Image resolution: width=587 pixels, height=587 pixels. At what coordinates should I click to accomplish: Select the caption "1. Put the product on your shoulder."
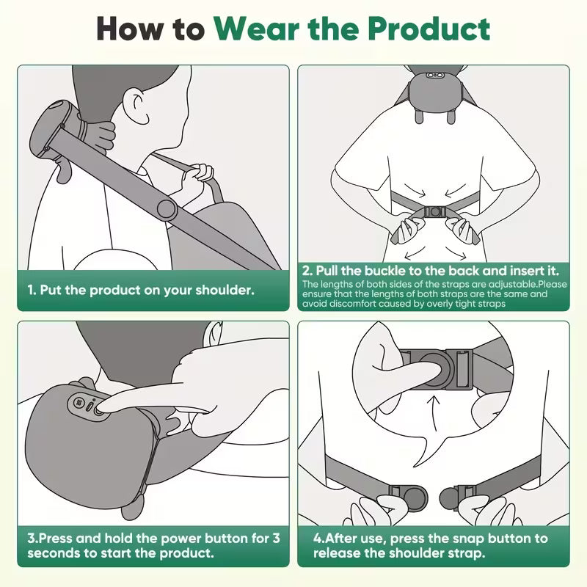[141, 290]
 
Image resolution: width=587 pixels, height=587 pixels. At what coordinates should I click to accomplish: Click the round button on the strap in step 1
[167, 210]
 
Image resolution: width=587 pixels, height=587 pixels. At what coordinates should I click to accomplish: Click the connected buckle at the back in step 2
[436, 212]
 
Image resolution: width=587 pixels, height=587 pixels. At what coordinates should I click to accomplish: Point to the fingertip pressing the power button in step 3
[103, 406]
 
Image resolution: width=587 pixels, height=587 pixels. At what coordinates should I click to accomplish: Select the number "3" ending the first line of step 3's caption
[276, 538]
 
